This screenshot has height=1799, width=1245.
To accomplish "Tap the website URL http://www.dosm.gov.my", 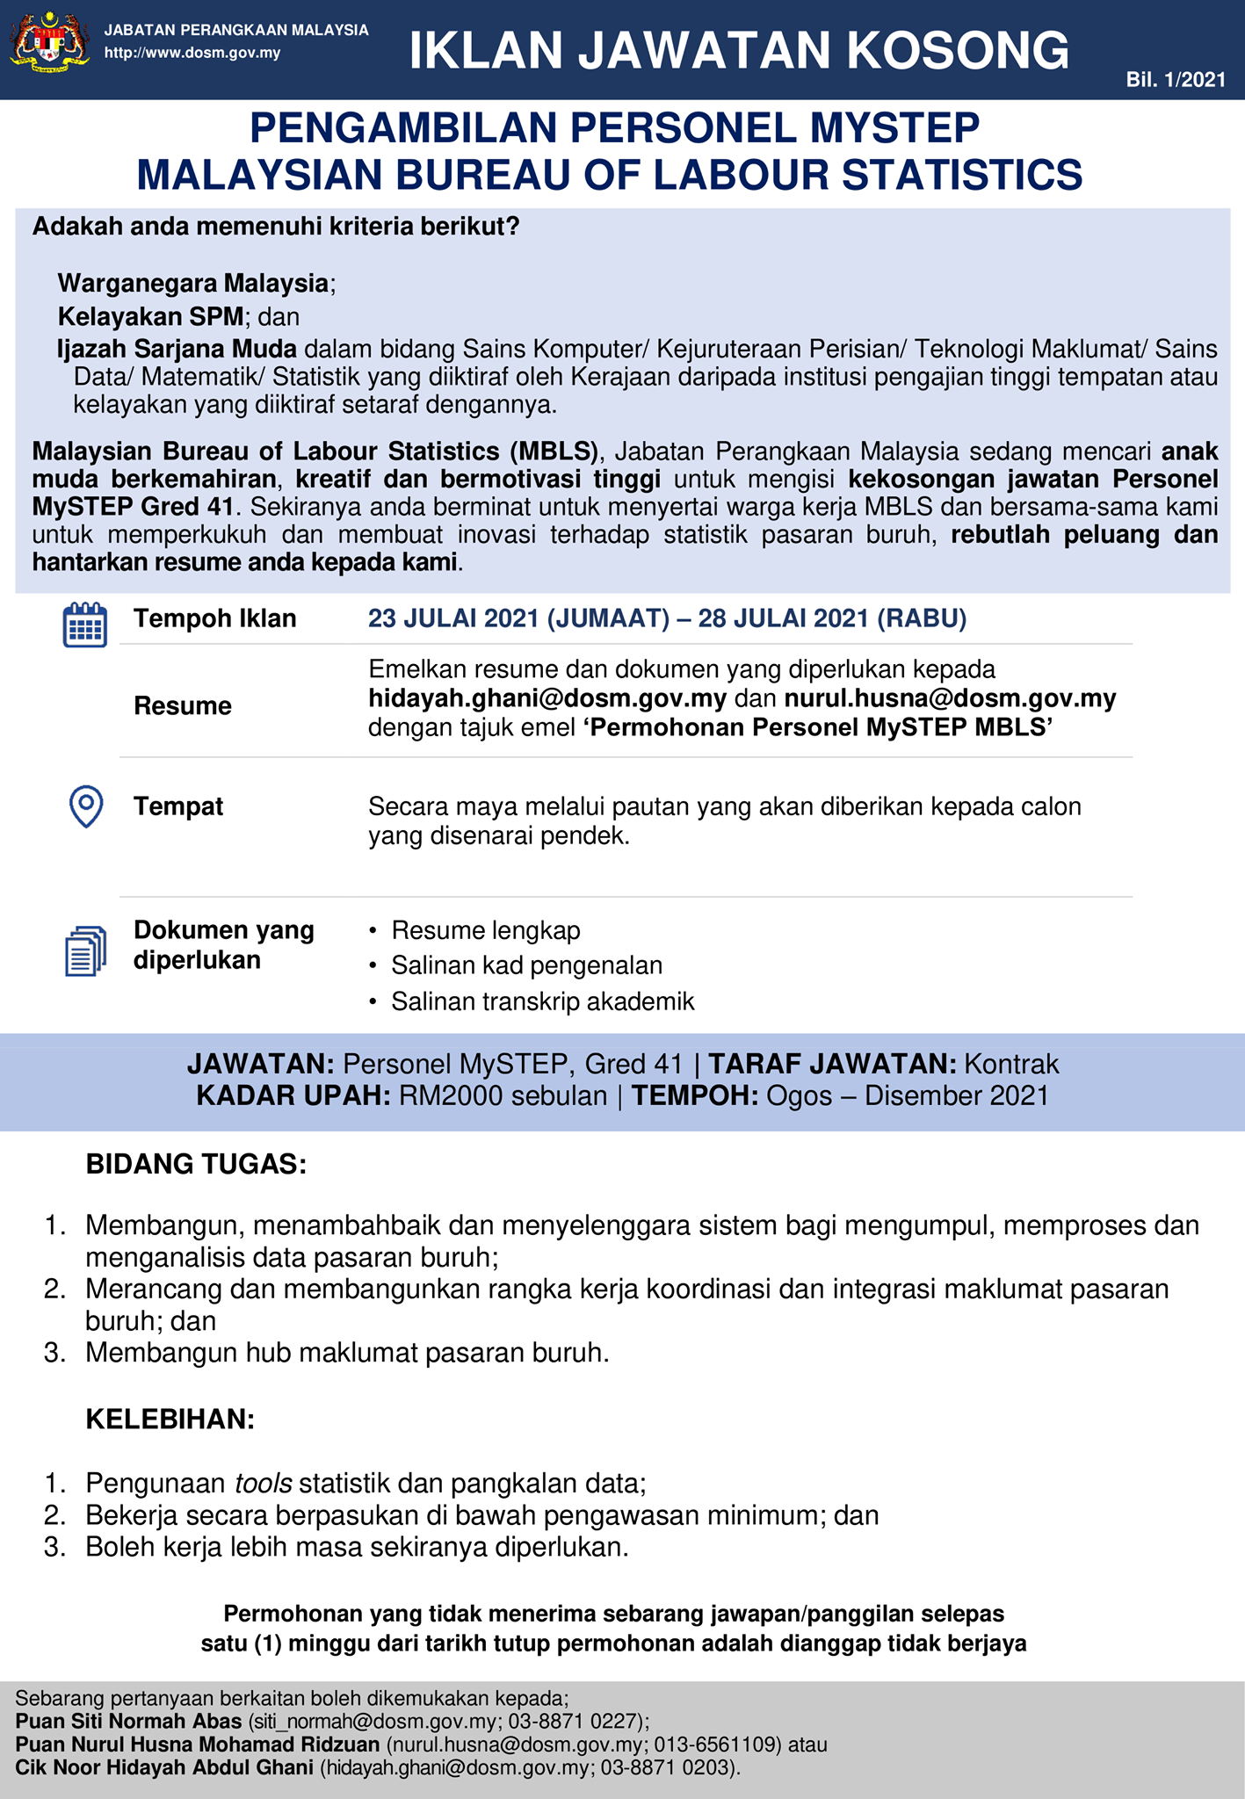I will tap(192, 53).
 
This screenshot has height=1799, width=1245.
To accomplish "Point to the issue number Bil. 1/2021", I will tap(1176, 80).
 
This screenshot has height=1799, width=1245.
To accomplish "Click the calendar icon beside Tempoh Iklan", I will tap(85, 625).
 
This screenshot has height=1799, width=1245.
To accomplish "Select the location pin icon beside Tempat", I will tap(85, 806).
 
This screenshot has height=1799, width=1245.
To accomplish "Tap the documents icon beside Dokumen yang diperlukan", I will tap(85, 950).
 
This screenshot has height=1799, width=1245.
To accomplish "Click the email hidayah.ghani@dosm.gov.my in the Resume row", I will tap(547, 699).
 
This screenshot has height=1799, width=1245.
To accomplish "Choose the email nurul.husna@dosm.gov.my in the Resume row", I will tap(950, 699).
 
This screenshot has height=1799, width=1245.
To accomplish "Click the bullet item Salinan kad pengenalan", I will tap(527, 965).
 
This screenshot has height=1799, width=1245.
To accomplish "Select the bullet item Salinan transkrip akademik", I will tap(543, 1001).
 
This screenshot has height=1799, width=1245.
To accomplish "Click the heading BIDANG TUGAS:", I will tap(196, 1164).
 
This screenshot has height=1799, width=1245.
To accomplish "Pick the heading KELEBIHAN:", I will tap(170, 1420).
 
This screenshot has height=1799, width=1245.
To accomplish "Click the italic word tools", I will tap(263, 1484).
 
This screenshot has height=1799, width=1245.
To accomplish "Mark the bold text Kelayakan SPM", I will tap(150, 316).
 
